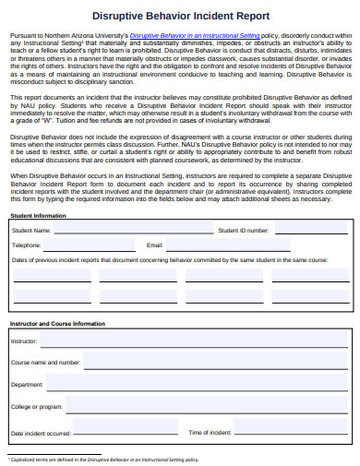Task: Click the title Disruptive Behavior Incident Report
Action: point(181,16)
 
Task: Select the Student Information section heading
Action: point(38,241)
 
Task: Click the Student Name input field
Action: point(130,256)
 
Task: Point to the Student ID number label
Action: point(244,256)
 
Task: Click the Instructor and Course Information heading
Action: point(57,325)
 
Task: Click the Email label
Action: point(154,271)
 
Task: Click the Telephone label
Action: point(26,271)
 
